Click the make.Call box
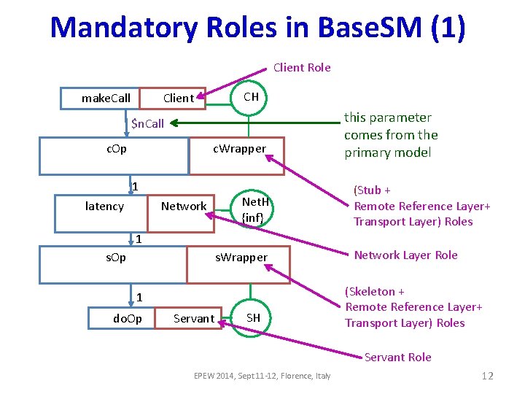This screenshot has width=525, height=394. click(106, 98)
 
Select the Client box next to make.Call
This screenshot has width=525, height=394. click(178, 98)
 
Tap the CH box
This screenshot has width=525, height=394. click(251, 97)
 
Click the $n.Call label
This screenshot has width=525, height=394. click(147, 123)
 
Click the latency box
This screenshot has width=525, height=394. click(104, 206)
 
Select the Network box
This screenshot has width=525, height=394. click(183, 206)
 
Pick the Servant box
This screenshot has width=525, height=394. click(194, 319)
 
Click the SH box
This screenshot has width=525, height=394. click(253, 317)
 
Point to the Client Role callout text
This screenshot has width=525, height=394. click(301, 67)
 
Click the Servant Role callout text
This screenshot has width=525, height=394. click(397, 357)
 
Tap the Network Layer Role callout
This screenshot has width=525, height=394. click(405, 255)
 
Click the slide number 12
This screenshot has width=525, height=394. click(487, 376)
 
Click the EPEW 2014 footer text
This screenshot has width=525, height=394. click(262, 376)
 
